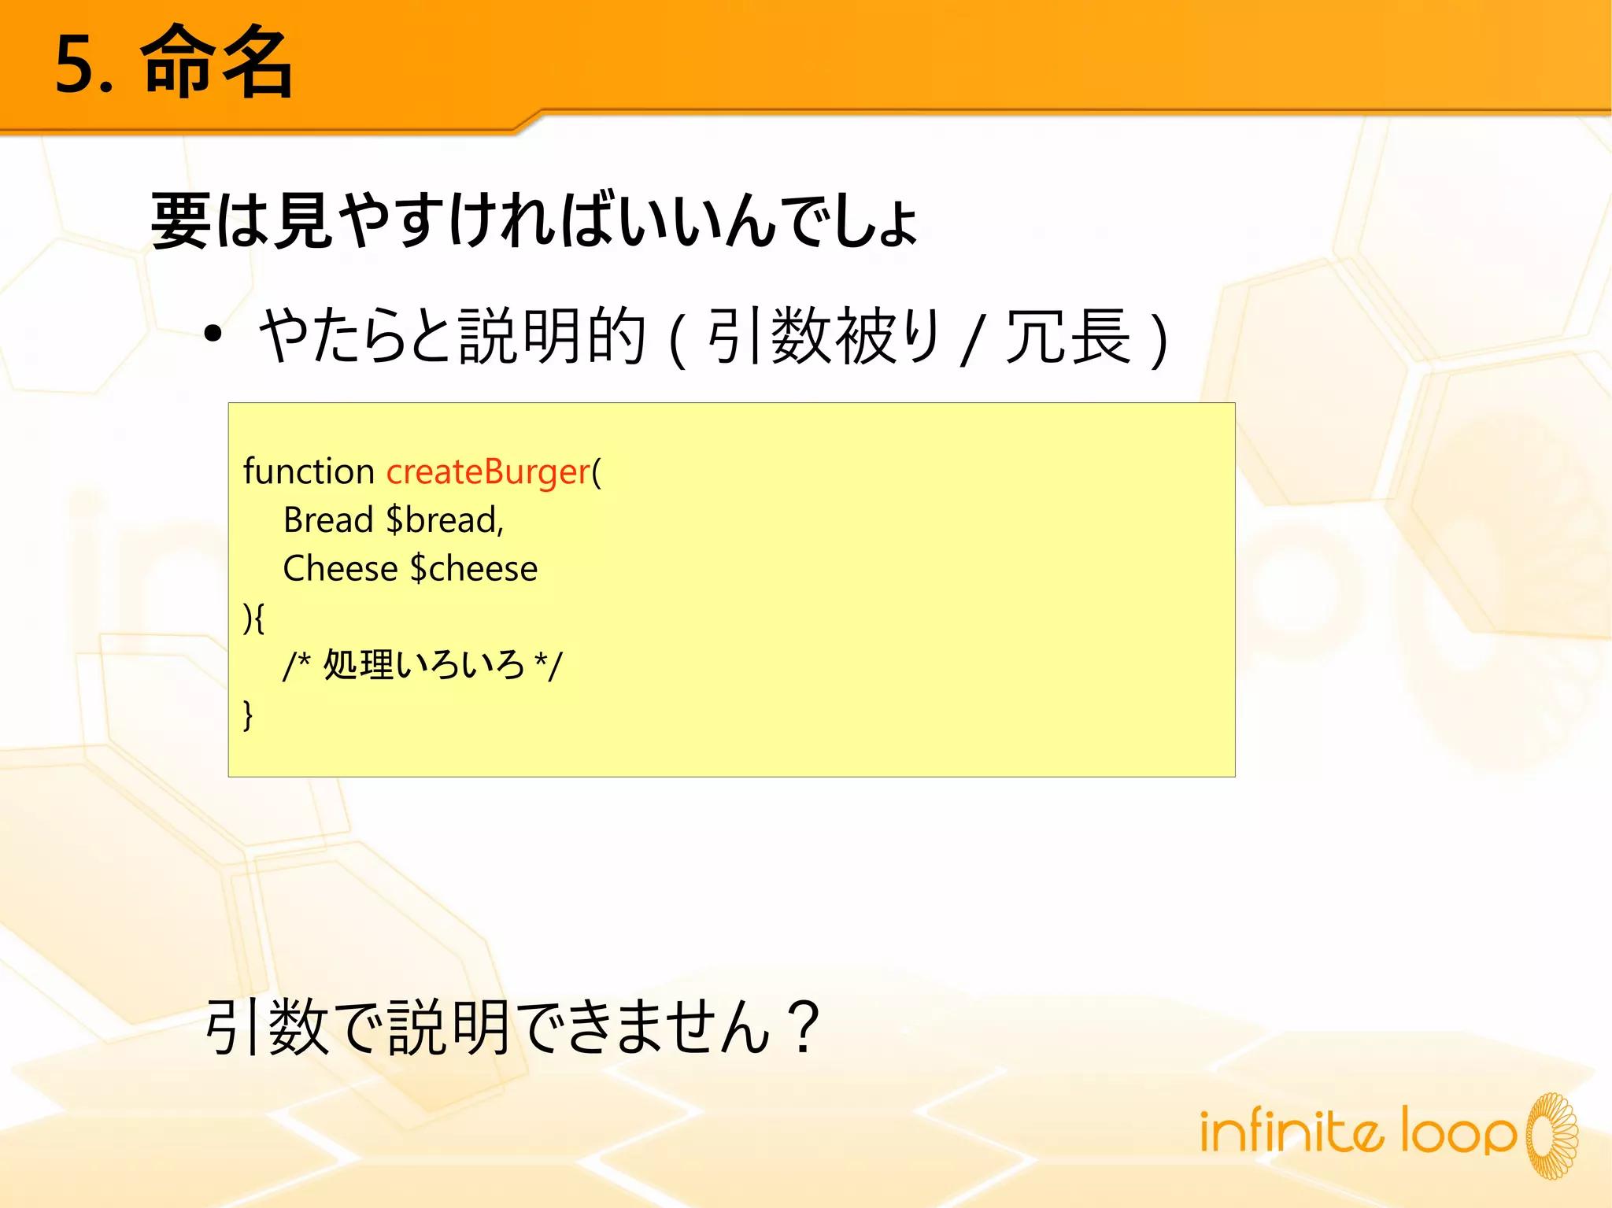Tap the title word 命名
click(216, 63)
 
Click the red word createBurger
click(488, 472)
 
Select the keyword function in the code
click(309, 472)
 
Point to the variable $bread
click(445, 521)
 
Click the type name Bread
click(327, 521)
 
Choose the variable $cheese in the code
click(474, 569)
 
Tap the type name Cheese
click(340, 569)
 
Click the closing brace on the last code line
click(248, 715)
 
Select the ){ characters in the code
click(253, 618)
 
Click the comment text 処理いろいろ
click(423, 665)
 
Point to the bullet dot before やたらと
click(213, 334)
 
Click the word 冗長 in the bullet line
click(1068, 337)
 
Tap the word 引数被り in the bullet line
click(824, 337)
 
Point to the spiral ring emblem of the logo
click(1552, 1136)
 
